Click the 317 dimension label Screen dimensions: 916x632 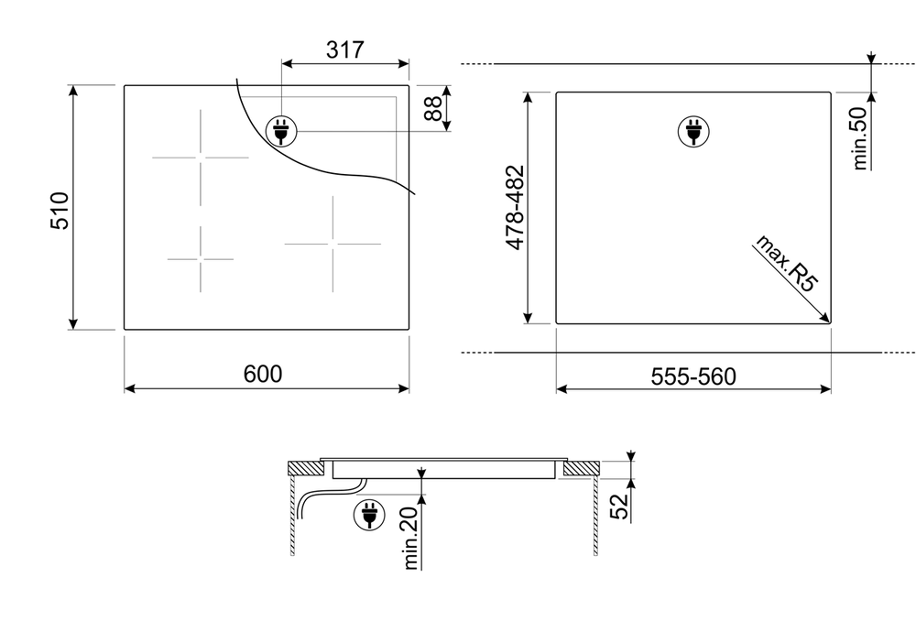coord(344,49)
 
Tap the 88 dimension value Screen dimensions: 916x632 coord(433,109)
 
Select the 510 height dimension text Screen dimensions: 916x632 coord(60,211)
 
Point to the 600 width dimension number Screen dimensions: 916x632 coord(263,374)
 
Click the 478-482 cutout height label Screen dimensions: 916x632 coord(515,207)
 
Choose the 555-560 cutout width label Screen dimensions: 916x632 coord(693,376)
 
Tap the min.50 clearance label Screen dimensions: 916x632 coord(860,139)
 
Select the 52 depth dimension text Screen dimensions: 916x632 coord(618,506)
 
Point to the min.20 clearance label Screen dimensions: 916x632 coord(410,538)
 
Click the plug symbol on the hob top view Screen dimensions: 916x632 coord(281,131)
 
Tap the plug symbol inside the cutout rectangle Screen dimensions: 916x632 coord(693,131)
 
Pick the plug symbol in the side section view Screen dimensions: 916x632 coord(369,515)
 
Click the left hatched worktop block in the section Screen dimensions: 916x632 coord(307,467)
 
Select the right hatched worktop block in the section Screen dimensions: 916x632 coord(582,467)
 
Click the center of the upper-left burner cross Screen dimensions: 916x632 coord(201,158)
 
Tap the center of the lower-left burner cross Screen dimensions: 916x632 coord(201,259)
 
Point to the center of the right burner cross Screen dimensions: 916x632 coord(333,244)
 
